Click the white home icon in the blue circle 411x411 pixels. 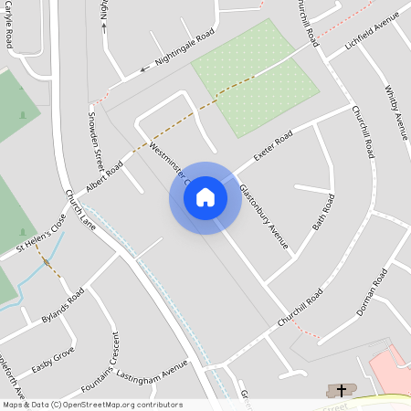205,197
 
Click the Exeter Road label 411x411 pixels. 272,144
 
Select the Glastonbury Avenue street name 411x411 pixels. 264,216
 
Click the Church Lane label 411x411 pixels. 80,210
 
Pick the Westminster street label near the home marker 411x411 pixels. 168,162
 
